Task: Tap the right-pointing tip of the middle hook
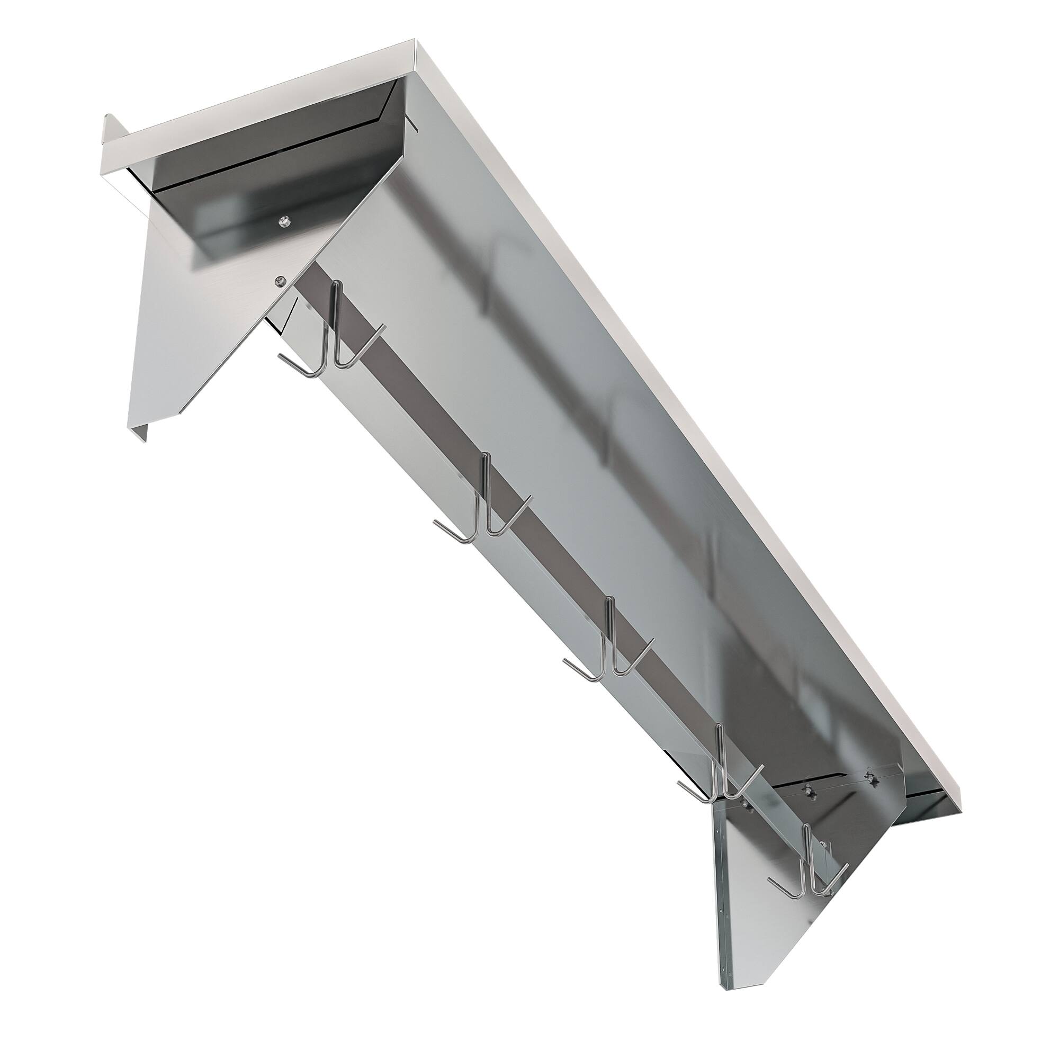point(652,640)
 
